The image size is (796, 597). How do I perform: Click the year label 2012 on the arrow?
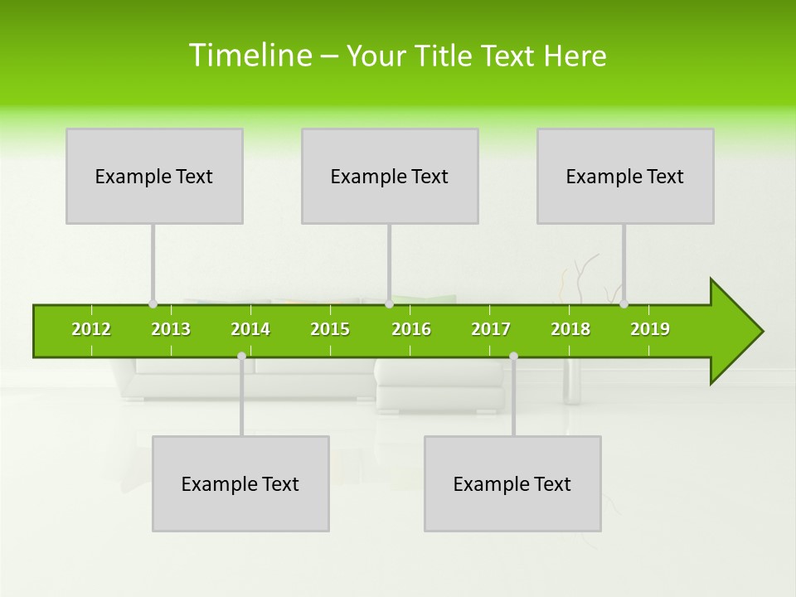(x=91, y=329)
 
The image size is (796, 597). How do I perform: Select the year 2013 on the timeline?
(x=171, y=329)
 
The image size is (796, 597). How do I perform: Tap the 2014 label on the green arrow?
(x=250, y=329)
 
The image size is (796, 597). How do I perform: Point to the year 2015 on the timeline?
(x=330, y=329)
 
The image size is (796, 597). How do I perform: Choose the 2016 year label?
(x=411, y=329)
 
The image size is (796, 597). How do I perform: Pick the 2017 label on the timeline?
(x=491, y=329)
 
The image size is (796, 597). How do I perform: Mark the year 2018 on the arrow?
(x=570, y=329)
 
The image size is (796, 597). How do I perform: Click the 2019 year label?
(x=650, y=329)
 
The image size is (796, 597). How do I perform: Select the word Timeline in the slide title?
(x=250, y=56)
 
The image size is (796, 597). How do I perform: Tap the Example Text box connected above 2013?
(x=154, y=176)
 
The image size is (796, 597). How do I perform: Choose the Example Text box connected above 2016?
(x=390, y=176)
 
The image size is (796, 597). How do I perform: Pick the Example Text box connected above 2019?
(x=625, y=176)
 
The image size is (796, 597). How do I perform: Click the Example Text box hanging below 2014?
(x=240, y=483)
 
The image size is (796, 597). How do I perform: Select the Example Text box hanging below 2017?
(x=512, y=483)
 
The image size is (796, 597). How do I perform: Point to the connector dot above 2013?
(x=153, y=303)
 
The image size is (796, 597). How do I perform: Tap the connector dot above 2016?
(x=389, y=303)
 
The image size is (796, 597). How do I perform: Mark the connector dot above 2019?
(x=624, y=303)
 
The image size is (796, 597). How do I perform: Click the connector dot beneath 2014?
(x=241, y=356)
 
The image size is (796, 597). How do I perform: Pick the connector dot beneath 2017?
(x=513, y=356)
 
